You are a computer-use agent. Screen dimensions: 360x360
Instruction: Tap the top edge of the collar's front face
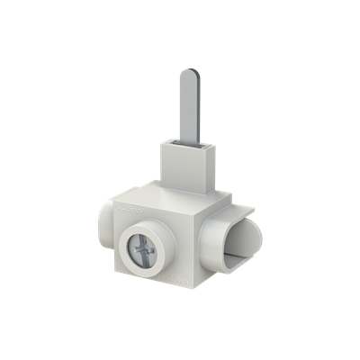(175, 143)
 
